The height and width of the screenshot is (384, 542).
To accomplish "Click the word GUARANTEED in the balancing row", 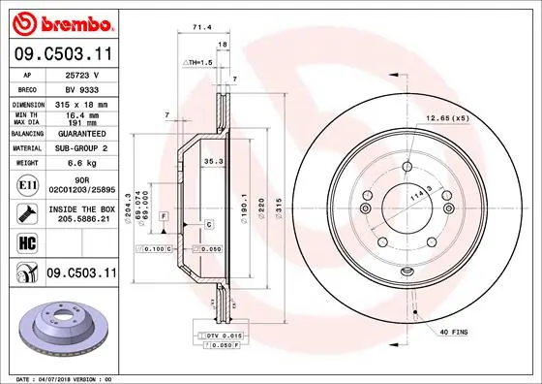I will click(x=80, y=134).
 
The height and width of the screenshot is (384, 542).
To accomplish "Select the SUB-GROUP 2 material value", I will click(x=80, y=148).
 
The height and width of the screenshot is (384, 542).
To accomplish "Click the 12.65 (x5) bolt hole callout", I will click(x=447, y=118).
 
